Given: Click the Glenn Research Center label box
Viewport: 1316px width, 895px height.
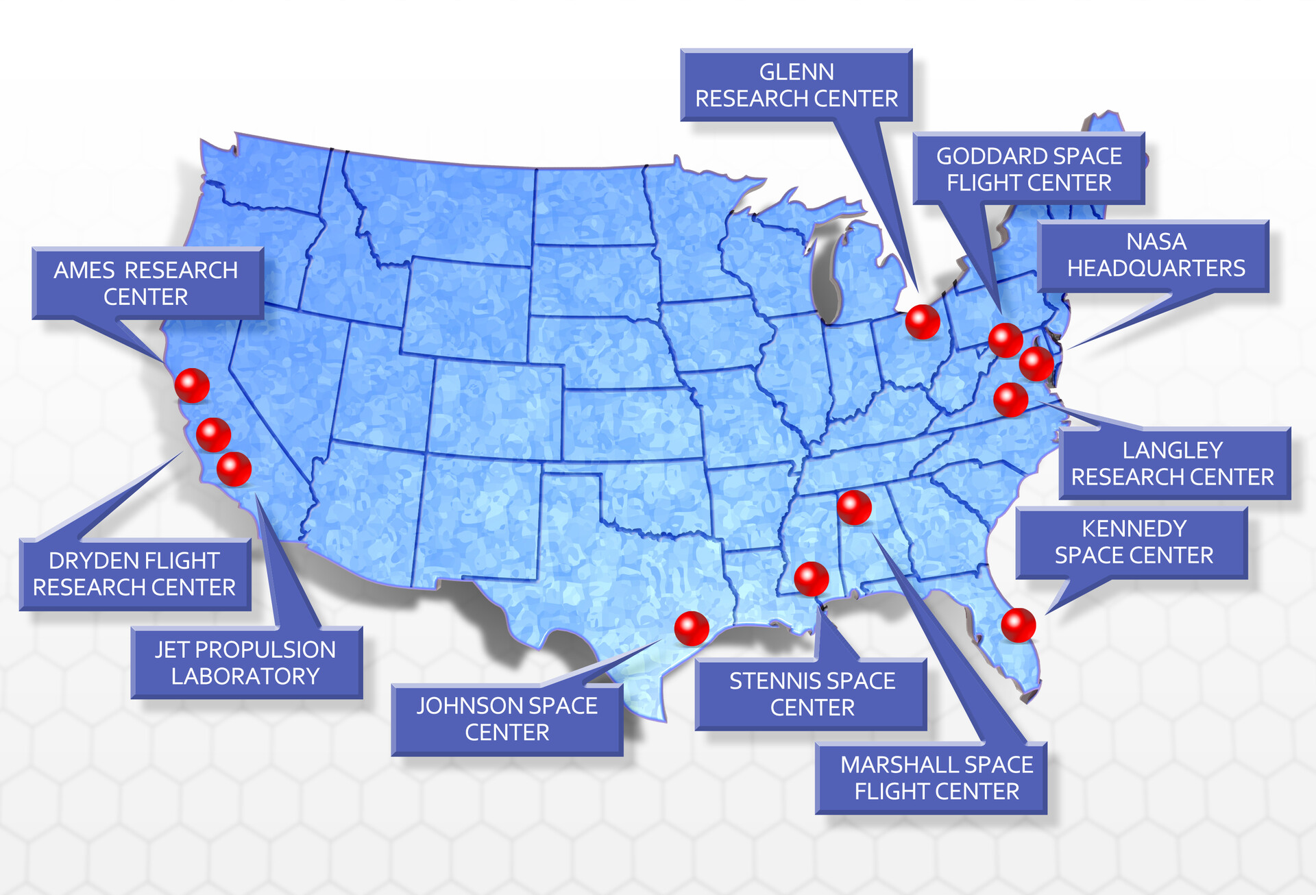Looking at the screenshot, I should (796, 85).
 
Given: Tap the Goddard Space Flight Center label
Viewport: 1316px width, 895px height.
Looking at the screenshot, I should (1028, 169).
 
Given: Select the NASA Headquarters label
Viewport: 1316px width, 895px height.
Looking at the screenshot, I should (1156, 255).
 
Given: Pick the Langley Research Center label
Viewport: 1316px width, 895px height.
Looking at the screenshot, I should (1173, 463).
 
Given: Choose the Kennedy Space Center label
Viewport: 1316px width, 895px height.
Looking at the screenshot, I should (1133, 542).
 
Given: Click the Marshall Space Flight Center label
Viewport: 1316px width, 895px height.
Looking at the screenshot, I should (936, 778).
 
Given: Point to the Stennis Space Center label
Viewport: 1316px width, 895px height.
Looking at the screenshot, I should (812, 694).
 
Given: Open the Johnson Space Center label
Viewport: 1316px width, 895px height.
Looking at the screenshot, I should (507, 719).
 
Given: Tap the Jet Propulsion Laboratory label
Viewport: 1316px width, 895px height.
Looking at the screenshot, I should (245, 663).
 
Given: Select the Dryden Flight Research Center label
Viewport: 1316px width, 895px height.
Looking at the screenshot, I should (134, 574).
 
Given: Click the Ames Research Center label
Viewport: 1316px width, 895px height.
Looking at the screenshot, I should (146, 283).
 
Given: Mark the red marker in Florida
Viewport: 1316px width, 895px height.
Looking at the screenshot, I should (1018, 624).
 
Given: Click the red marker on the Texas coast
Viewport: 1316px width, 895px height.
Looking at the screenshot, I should (691, 628).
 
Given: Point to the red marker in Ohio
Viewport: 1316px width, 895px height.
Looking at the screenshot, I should (922, 321).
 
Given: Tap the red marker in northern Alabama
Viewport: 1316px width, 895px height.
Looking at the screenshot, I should (854, 507).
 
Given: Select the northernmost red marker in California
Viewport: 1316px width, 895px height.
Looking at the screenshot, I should (192, 385).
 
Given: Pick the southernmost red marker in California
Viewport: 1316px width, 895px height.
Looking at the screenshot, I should (234, 469).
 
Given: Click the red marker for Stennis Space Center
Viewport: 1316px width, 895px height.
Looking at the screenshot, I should (811, 578).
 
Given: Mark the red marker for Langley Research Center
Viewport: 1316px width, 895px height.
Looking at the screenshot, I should (1010, 400).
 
